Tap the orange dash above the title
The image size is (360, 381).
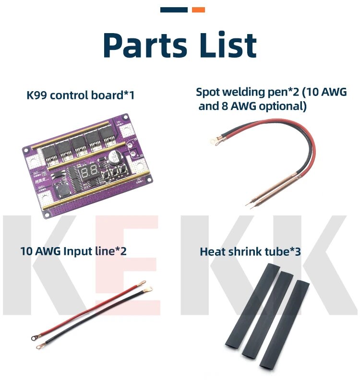198,10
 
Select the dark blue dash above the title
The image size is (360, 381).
174,10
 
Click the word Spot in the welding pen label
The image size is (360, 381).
208,92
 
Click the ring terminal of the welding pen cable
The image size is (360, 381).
212,141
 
